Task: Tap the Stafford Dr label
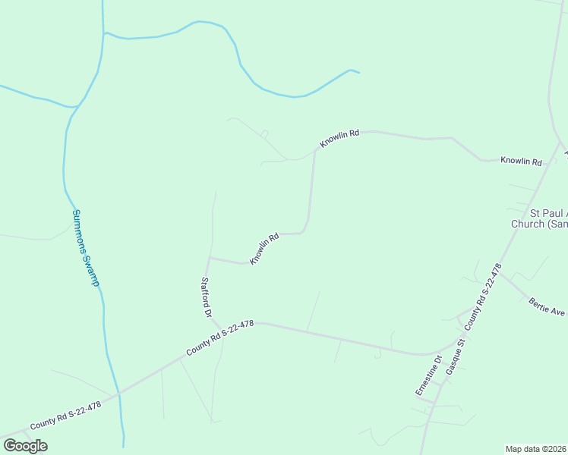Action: tap(205, 297)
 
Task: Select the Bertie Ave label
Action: tap(547, 306)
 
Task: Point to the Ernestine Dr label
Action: tap(428, 375)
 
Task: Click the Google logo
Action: tap(25, 446)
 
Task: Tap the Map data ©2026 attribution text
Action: tap(535, 449)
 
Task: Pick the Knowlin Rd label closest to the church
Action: tap(521, 161)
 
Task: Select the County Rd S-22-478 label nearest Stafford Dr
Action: tap(220, 338)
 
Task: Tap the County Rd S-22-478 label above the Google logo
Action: tap(65, 416)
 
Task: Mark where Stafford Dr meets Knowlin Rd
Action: tap(209, 258)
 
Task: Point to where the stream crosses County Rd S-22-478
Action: tap(118, 394)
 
